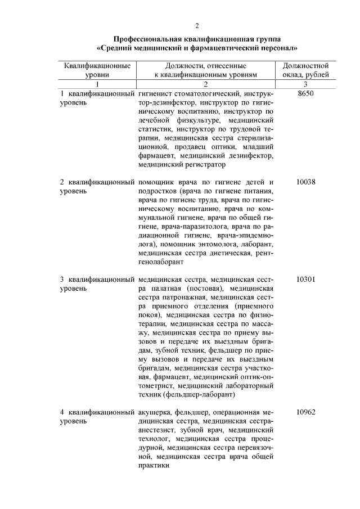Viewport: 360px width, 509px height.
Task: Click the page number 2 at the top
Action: click(197, 26)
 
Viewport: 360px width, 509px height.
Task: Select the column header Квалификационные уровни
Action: click(97, 70)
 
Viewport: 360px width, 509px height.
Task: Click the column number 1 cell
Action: click(97, 84)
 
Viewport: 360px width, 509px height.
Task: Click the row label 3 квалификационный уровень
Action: click(97, 284)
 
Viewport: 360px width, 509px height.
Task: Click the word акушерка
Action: click(154, 412)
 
